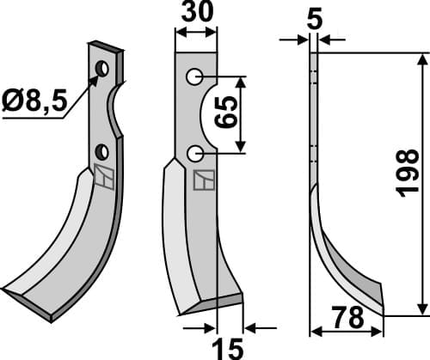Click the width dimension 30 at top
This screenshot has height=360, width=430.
coord(197,15)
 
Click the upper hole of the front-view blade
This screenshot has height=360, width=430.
coord(195,77)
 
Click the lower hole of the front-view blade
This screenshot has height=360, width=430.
coord(195,154)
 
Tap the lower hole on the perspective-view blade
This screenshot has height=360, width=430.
coord(101,152)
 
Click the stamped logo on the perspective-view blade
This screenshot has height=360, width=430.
coord(103,178)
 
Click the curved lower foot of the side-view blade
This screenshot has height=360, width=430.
coord(348,275)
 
